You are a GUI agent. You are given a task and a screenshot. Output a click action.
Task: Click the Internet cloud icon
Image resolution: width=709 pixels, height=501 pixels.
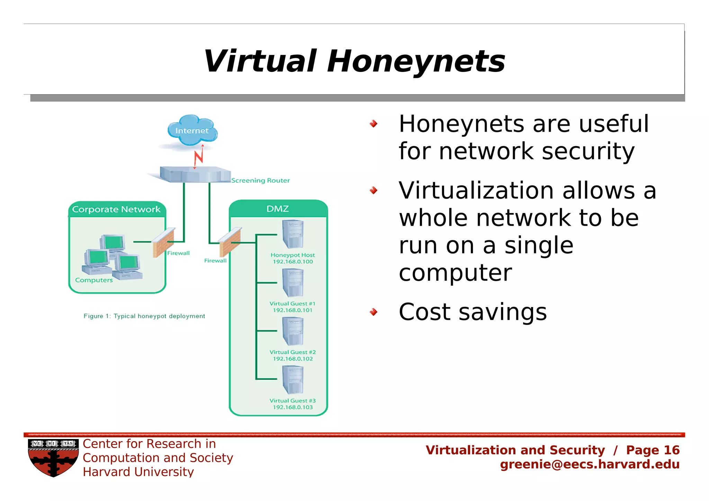(x=192, y=130)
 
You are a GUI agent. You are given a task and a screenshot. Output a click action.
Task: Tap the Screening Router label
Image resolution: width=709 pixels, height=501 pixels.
(x=260, y=180)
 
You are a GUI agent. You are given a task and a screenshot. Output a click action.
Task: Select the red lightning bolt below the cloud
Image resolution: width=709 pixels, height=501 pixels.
(x=199, y=158)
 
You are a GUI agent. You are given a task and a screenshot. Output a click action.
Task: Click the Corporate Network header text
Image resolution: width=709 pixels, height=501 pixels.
(x=116, y=209)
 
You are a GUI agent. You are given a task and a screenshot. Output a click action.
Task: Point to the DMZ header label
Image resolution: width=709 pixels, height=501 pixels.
(x=278, y=209)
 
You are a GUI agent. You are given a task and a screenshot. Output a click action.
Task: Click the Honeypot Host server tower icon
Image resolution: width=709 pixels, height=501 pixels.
(x=293, y=234)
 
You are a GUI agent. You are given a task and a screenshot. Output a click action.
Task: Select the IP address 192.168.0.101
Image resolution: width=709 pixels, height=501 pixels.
(x=293, y=310)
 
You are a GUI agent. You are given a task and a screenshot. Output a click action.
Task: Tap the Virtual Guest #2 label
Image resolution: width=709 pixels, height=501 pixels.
(x=293, y=352)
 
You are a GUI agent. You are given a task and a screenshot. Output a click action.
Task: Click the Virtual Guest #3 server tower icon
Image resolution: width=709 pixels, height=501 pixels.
(x=293, y=380)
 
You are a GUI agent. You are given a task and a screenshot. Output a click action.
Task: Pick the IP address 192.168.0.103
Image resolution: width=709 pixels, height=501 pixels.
(x=293, y=407)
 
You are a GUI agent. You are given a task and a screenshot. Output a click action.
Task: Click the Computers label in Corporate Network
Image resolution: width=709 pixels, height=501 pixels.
(x=94, y=280)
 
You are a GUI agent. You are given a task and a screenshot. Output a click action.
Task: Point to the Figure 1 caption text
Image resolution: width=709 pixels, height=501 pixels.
(x=144, y=316)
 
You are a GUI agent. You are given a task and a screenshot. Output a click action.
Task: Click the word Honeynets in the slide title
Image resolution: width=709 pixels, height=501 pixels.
(x=416, y=61)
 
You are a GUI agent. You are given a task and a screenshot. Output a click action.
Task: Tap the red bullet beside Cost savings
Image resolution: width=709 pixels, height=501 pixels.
(x=373, y=312)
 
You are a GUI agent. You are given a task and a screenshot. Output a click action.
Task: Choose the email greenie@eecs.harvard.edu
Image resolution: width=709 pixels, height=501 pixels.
(x=590, y=464)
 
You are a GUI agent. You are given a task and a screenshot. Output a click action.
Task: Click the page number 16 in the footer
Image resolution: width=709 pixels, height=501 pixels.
(x=672, y=450)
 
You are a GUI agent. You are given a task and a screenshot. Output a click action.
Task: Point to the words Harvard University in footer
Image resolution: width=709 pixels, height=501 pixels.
(x=138, y=472)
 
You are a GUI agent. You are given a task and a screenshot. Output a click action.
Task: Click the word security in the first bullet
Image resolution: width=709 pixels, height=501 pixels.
(x=588, y=151)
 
